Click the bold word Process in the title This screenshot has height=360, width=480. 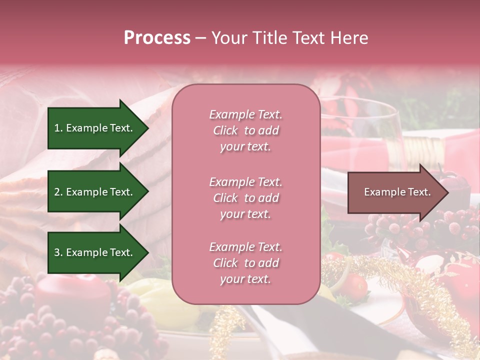pyautogui.click(x=157, y=38)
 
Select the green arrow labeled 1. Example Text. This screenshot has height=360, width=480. pyautogui.click(x=95, y=128)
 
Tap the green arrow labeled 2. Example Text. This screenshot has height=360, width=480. pyautogui.click(x=95, y=192)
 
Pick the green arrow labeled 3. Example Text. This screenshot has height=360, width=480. pyautogui.click(x=95, y=252)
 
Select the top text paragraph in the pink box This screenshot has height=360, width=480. pyautogui.click(x=245, y=130)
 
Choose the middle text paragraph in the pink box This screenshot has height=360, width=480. pyautogui.click(x=245, y=198)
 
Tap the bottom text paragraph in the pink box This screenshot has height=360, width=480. pyautogui.click(x=245, y=263)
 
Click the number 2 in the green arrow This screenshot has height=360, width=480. pyautogui.click(x=57, y=192)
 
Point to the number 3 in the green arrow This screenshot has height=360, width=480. pyautogui.click(x=57, y=252)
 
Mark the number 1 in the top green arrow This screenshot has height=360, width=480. pyautogui.click(x=57, y=128)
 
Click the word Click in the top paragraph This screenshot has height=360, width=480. pyautogui.click(x=225, y=130)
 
